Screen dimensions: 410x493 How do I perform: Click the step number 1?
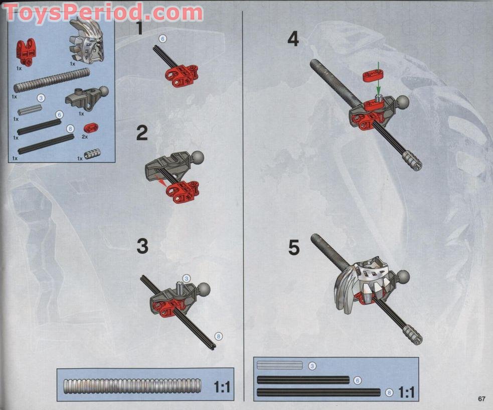coord(139,28)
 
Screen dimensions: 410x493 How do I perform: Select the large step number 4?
coord(293,39)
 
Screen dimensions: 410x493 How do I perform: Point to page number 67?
coord(481,399)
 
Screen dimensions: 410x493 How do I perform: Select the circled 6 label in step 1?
coord(162,38)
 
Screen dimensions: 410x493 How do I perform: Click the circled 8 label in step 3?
coord(218,336)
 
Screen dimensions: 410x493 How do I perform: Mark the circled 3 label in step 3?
coord(187,278)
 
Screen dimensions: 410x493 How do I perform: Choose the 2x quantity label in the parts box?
coord(85,137)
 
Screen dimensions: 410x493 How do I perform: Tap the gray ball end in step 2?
coord(197,157)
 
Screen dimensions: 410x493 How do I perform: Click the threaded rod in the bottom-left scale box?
coord(132,386)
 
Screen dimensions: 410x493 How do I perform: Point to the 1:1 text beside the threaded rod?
coord(221,387)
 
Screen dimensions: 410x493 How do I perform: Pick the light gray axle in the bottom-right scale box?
coord(280,365)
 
